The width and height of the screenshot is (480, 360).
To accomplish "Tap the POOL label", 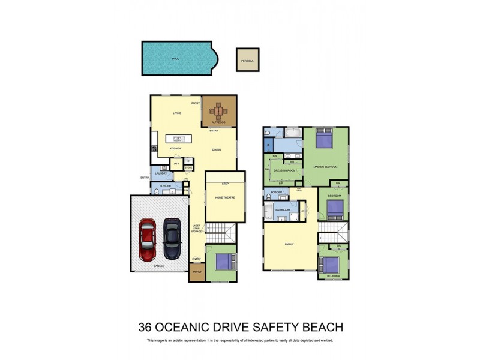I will click(x=176, y=59).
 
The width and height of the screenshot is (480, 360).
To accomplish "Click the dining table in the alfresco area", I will click(x=219, y=111).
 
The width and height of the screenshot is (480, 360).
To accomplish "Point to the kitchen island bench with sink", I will click(x=178, y=139).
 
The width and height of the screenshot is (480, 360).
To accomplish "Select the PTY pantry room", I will click(x=176, y=164).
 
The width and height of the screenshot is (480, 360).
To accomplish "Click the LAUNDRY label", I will click(x=160, y=173).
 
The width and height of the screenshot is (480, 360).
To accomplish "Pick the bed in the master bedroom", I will click(x=325, y=140).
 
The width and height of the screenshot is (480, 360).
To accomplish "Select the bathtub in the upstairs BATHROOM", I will click(x=268, y=211).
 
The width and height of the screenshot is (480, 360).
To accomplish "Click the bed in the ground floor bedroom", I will click(x=221, y=262).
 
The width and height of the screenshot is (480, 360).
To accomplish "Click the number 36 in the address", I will click(x=145, y=327).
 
